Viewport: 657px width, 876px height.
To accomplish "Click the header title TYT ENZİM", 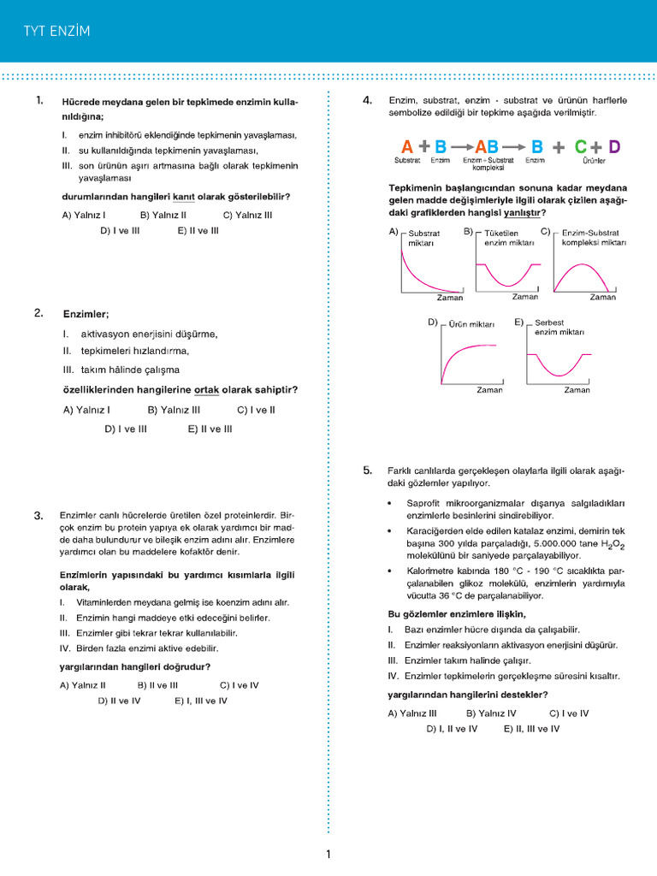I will pos(56,32).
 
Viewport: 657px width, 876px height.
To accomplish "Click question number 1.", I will pos(39,101).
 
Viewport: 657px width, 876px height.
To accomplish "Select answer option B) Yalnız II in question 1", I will pos(163,216).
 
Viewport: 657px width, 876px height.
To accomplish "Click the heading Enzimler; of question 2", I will pos(86,314).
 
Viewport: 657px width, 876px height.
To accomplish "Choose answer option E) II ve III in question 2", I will pos(210,429).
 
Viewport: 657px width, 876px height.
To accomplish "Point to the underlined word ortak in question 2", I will pos(207,390).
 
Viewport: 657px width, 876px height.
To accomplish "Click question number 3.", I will pos(38,516).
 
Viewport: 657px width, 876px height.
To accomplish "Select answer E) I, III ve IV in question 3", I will pos(201,701).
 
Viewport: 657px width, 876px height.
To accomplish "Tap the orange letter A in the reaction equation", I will pos(407,146).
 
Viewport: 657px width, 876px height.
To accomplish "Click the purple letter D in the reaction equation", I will pos(614,146).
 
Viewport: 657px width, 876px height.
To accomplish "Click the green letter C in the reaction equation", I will pos(581,146).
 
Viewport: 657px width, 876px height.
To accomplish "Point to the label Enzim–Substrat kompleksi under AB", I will pos(488,163).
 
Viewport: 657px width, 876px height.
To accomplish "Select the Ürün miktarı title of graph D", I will pos(471,325).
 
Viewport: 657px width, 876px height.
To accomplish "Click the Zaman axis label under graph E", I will pos(577,390).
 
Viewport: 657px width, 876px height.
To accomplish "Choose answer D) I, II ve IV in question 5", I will pos(452,729).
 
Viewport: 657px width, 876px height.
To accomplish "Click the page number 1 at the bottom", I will pos(328,854).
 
